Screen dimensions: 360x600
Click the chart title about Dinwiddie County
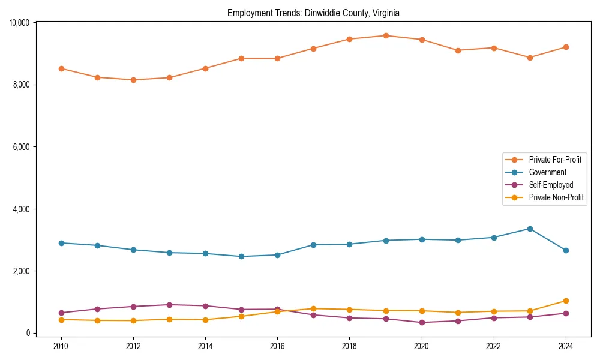coord(313,13)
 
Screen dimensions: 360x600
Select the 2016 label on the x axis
coord(277,346)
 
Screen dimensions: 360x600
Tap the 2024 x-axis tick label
coord(565,346)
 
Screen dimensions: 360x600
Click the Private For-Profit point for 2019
coord(385,35)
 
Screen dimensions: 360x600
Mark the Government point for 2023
coord(529,229)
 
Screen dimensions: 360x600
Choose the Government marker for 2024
coord(565,250)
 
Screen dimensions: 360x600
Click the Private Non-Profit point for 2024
coord(565,301)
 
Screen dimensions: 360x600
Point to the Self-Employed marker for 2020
coord(421,323)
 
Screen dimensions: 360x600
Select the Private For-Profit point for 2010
coord(61,68)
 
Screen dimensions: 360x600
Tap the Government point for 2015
coord(241,257)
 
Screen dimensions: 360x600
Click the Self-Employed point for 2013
coord(169,305)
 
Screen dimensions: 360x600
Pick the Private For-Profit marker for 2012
coord(133,80)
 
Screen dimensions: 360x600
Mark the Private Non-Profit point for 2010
coord(61,320)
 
